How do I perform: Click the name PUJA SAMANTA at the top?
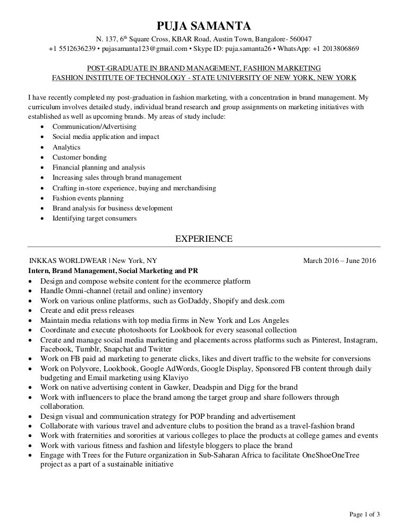203,25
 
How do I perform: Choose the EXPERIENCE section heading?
203,239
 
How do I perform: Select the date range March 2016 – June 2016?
339,261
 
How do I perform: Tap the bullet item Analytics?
66,147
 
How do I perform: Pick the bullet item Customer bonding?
79,157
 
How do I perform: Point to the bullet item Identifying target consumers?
94,218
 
